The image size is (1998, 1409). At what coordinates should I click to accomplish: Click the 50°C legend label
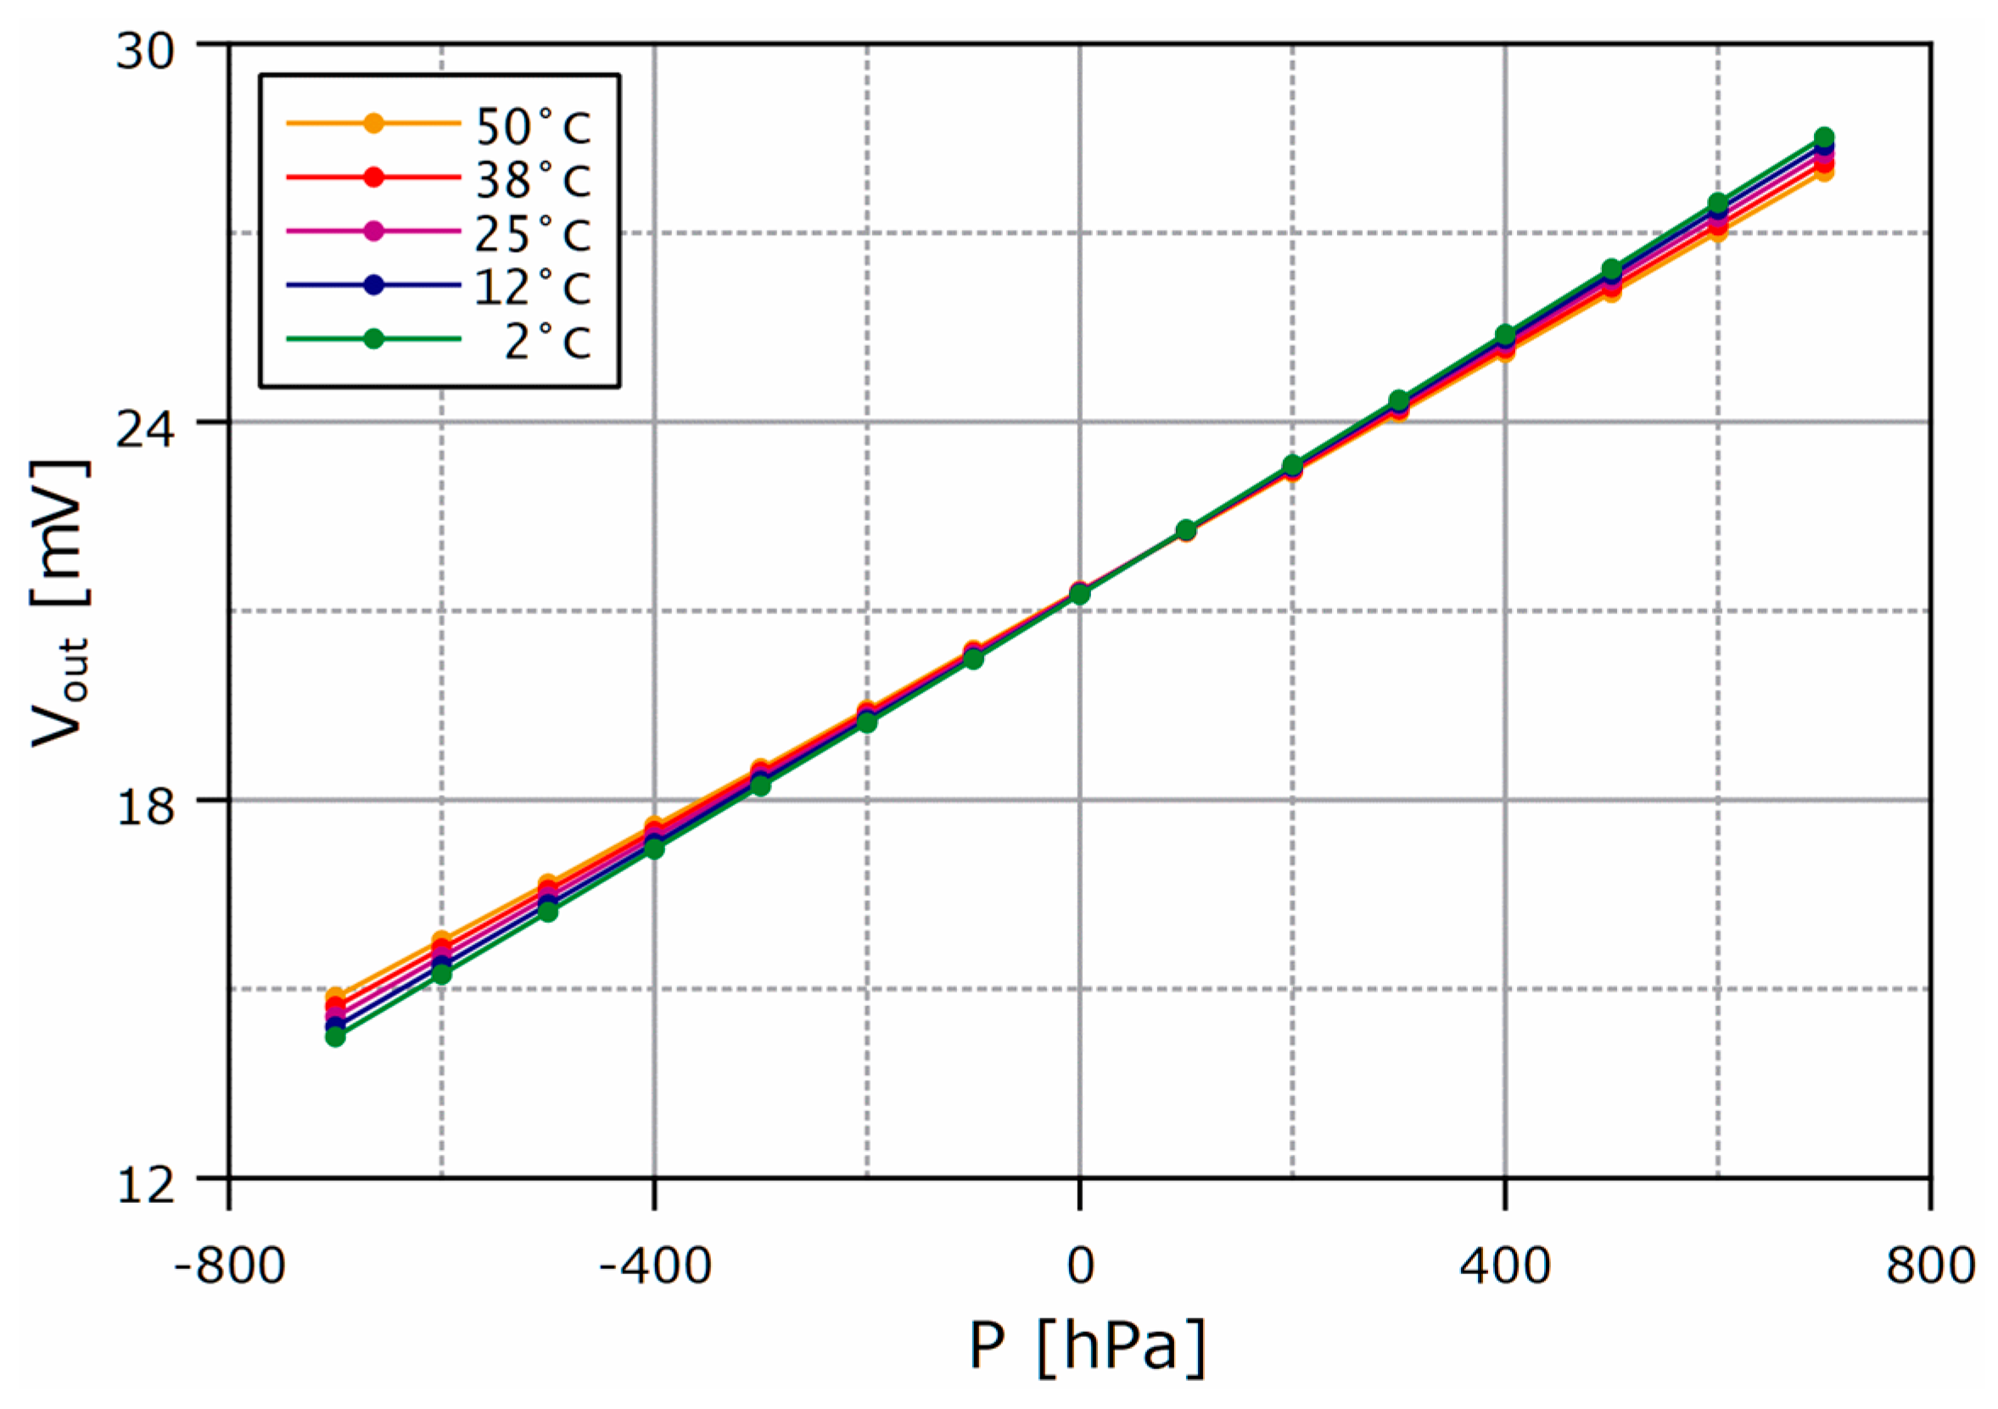[x=533, y=126]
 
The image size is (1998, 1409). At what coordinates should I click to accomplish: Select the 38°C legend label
[x=533, y=180]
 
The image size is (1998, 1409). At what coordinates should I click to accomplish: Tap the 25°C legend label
[x=533, y=233]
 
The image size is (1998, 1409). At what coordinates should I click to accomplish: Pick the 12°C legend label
[x=533, y=287]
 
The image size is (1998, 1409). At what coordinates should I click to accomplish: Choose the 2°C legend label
[x=547, y=340]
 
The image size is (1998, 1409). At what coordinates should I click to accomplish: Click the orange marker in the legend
[x=373, y=124]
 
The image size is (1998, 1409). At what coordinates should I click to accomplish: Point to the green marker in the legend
[x=373, y=338]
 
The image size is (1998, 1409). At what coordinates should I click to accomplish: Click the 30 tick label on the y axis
[x=145, y=51]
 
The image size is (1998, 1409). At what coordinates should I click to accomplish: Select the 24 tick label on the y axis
[x=145, y=428]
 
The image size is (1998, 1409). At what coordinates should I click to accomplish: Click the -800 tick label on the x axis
[x=230, y=1266]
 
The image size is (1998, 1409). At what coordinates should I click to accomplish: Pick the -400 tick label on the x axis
[x=654, y=1266]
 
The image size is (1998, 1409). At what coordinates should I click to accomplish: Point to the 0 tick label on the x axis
[x=1080, y=1266]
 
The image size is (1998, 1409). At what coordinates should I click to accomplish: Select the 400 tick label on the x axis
[x=1504, y=1266]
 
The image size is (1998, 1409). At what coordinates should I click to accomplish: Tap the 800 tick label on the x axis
[x=1930, y=1266]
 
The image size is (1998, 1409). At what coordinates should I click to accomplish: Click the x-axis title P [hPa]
[x=1087, y=1346]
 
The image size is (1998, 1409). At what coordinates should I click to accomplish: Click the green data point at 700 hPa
[x=1824, y=137]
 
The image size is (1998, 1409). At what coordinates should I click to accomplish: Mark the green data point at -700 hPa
[x=336, y=1037]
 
